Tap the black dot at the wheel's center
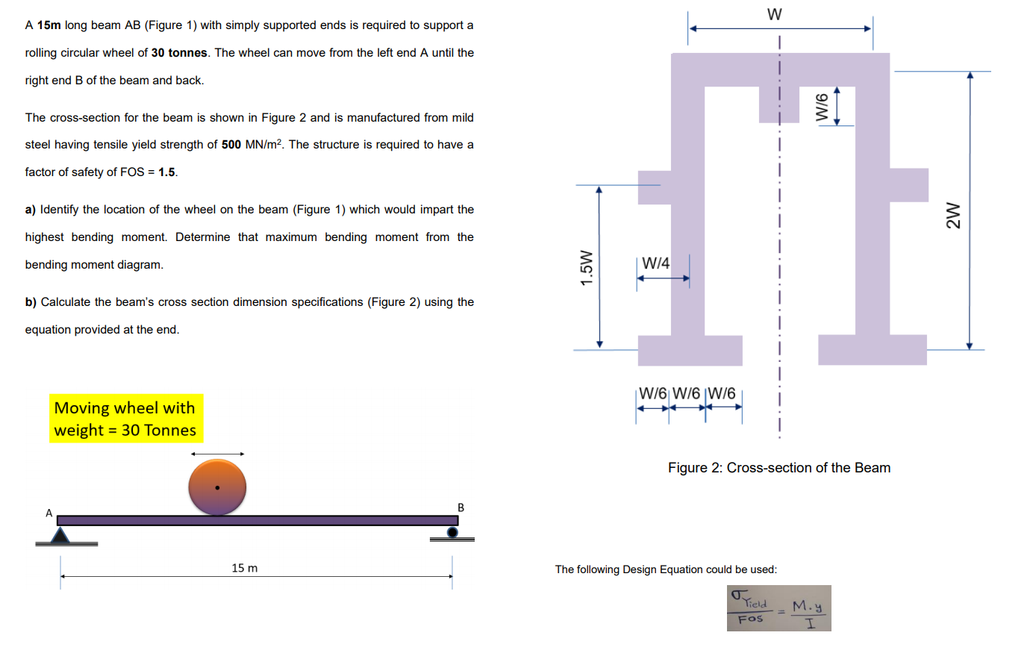pyautogui.click(x=217, y=488)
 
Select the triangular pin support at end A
pyautogui.click(x=60, y=534)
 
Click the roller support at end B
pyautogui.click(x=452, y=532)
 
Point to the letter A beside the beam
pyautogui.click(x=49, y=513)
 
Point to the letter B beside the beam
pyautogui.click(x=461, y=507)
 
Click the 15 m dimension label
pyautogui.click(x=244, y=568)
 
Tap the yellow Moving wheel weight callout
pyautogui.click(x=125, y=419)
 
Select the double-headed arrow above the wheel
pyautogui.click(x=217, y=454)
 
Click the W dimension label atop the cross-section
pyautogui.click(x=774, y=14)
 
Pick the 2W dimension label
pyautogui.click(x=952, y=216)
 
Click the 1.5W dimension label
pyautogui.click(x=587, y=267)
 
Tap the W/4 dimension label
pyautogui.click(x=655, y=263)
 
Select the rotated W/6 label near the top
pyautogui.click(x=823, y=107)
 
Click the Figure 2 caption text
pyautogui.click(x=778, y=468)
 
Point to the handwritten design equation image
pyautogui.click(x=778, y=608)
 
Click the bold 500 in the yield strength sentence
pyautogui.click(x=231, y=145)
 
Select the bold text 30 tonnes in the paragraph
pyautogui.click(x=179, y=53)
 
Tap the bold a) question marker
pyautogui.click(x=31, y=210)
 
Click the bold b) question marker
pyautogui.click(x=31, y=302)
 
